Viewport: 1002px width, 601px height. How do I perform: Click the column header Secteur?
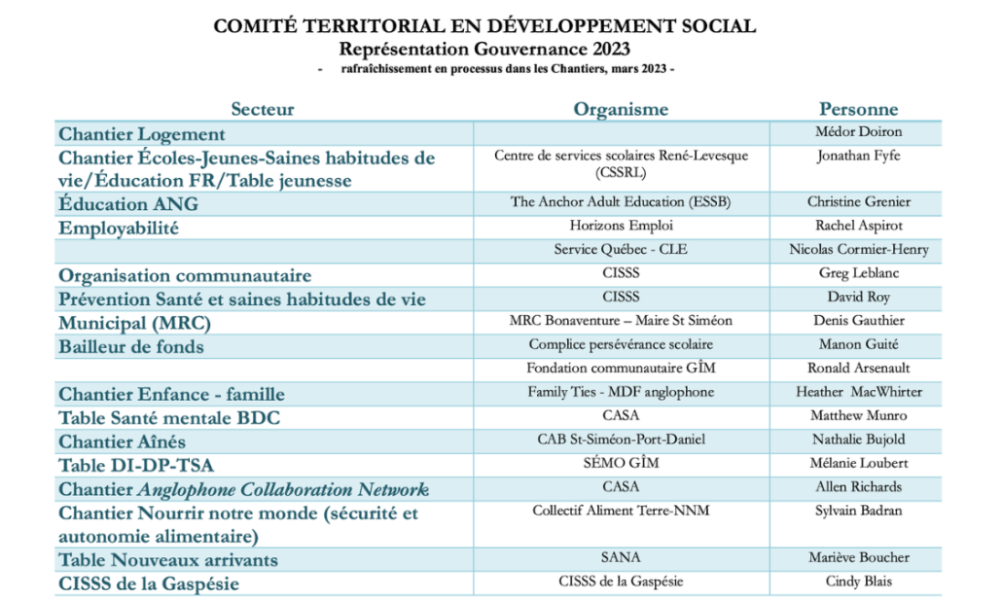point(262,109)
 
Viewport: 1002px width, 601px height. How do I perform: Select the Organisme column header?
point(621,109)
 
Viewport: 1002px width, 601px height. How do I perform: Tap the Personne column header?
point(858,109)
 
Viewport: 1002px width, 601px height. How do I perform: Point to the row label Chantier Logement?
point(142,134)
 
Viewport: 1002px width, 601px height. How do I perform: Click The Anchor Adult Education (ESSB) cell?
point(621,202)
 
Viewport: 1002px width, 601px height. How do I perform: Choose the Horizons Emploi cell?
point(621,226)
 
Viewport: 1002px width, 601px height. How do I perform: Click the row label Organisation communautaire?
point(185,275)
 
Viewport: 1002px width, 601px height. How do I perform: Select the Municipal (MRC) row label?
point(134,323)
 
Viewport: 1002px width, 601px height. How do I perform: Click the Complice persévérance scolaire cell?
point(621,344)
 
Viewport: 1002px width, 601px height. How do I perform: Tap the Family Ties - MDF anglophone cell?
point(621,392)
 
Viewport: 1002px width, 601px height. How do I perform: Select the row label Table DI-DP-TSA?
point(136,465)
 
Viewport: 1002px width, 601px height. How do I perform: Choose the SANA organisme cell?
point(621,557)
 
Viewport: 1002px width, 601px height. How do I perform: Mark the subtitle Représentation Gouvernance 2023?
point(484,48)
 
